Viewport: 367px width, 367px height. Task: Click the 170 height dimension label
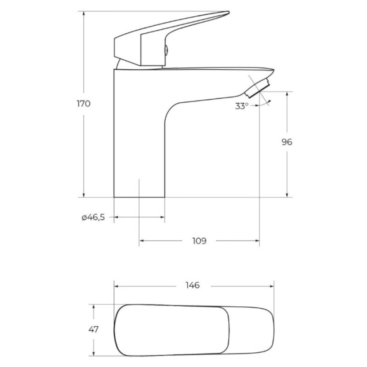84,104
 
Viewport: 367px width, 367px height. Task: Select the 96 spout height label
287,142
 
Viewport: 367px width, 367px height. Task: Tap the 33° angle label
241,106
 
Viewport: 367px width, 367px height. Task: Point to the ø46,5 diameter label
93,218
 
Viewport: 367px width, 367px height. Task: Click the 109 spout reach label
199,241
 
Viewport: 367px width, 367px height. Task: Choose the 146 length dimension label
192,285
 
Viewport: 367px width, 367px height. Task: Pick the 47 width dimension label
94,329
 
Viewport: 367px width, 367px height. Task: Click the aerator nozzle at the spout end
257,88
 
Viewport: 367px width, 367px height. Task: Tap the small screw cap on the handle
166,50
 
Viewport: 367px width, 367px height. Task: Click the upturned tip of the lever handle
228,12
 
